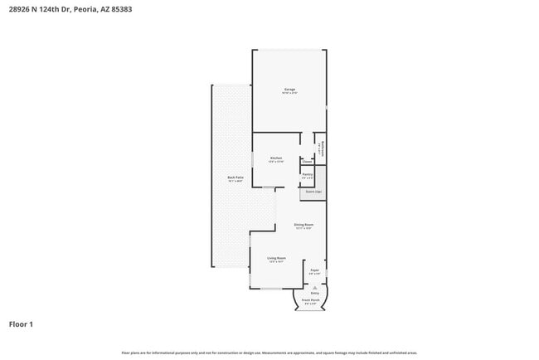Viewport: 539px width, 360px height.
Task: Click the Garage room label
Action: point(289,89)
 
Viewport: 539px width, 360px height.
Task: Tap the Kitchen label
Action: point(276,158)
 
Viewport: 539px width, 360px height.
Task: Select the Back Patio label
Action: point(236,178)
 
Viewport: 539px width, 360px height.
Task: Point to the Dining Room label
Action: point(303,225)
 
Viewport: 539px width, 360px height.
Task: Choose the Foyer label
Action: point(315,270)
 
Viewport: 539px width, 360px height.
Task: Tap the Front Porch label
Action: point(311,300)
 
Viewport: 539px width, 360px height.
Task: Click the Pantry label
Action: point(307,174)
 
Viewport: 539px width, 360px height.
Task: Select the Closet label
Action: point(307,162)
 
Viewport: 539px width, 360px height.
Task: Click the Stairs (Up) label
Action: point(313,192)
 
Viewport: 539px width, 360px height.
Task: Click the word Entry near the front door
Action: point(314,293)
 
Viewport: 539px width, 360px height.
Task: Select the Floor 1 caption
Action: point(21,324)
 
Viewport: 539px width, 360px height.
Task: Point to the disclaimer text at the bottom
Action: point(269,353)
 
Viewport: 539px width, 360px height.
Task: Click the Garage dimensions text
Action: point(289,93)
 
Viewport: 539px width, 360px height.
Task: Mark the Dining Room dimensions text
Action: point(303,229)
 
